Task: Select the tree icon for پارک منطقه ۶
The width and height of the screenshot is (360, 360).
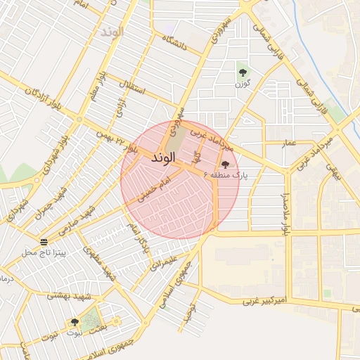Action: [x=225, y=165]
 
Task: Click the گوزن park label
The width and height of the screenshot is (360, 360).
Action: [x=243, y=84]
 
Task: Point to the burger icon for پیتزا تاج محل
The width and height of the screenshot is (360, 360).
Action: [x=44, y=242]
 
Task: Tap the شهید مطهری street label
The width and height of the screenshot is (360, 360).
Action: [x=99, y=262]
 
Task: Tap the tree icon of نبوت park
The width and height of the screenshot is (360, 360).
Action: [x=75, y=322]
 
